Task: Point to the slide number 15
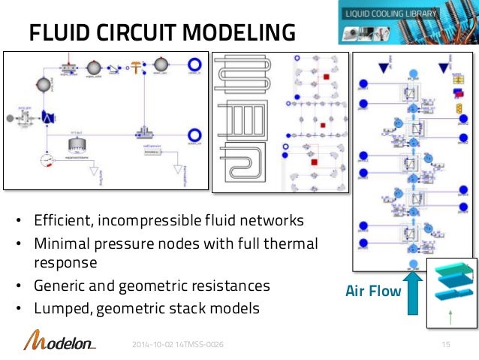pos(448,343)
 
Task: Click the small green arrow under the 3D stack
pos(450,316)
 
